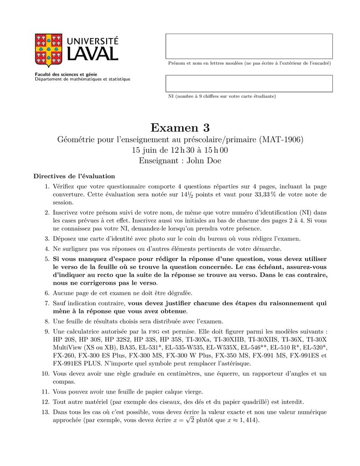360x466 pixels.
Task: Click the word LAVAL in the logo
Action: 93,54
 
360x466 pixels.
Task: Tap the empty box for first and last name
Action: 248,46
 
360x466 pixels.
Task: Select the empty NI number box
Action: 248,83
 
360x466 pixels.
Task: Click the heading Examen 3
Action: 180,127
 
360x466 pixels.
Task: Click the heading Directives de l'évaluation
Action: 74,176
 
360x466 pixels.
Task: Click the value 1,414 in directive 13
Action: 247,420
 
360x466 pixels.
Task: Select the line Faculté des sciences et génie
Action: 66,74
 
